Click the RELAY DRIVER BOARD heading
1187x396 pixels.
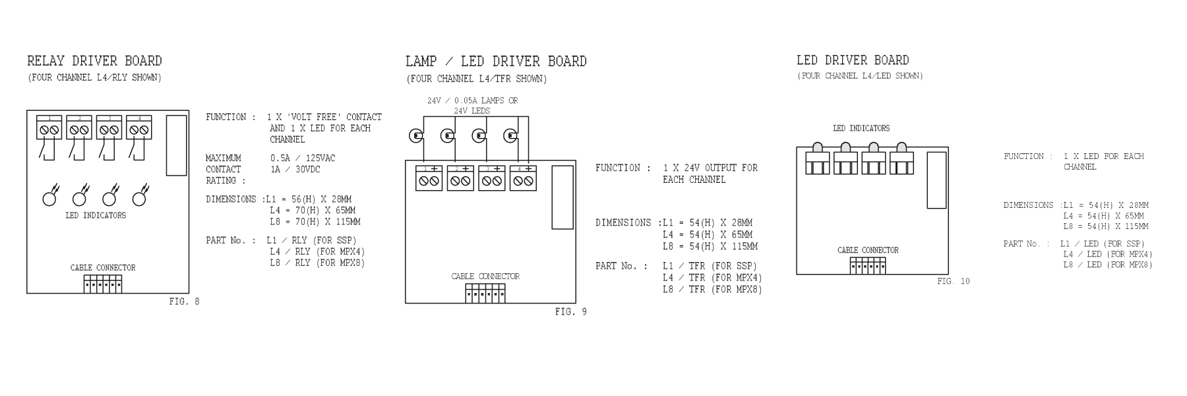coord(94,61)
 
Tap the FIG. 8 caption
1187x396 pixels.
coord(184,302)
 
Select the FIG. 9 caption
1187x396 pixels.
coord(570,312)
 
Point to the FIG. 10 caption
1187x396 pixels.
coord(953,281)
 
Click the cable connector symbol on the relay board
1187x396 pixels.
coord(103,284)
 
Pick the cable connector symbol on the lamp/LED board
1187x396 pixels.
coord(485,293)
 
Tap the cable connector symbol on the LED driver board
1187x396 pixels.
coord(868,265)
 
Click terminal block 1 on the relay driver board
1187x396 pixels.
coord(49,127)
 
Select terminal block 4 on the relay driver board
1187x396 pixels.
coord(139,127)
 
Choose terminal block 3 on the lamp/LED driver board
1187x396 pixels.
coord(491,178)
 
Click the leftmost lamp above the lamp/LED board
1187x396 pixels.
coord(415,136)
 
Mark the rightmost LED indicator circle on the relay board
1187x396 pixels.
coord(139,198)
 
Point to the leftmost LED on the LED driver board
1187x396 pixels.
coord(818,160)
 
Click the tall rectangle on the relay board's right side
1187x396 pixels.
coord(176,145)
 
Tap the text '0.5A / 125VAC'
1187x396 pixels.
coord(302,158)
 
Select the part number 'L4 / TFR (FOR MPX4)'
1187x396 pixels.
coord(712,278)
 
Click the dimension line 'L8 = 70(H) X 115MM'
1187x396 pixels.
coord(315,222)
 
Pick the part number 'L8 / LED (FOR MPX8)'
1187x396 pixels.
coord(1107,265)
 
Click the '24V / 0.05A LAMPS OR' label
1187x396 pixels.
coord(472,101)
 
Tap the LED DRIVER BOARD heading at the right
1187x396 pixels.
coord(853,61)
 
